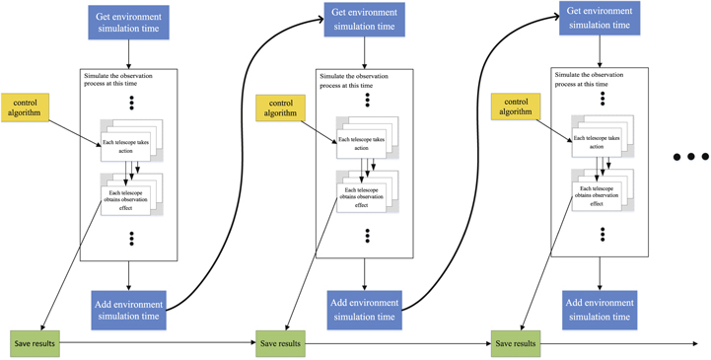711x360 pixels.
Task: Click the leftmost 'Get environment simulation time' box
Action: tap(128, 23)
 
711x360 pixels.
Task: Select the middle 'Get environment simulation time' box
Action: tap(365, 21)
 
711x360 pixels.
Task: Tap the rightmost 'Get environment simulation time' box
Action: tap(600, 18)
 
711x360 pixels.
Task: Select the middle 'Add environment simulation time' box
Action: tap(365, 309)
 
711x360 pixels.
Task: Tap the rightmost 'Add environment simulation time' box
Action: tap(600, 309)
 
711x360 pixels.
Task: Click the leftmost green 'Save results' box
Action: tap(35, 343)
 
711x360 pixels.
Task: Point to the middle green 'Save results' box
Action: tap(280, 343)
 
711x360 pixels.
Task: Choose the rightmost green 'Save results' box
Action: tap(516, 343)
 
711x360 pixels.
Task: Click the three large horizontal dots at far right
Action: tap(689, 157)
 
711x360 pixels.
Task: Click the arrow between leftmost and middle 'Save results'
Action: tap(158, 343)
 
